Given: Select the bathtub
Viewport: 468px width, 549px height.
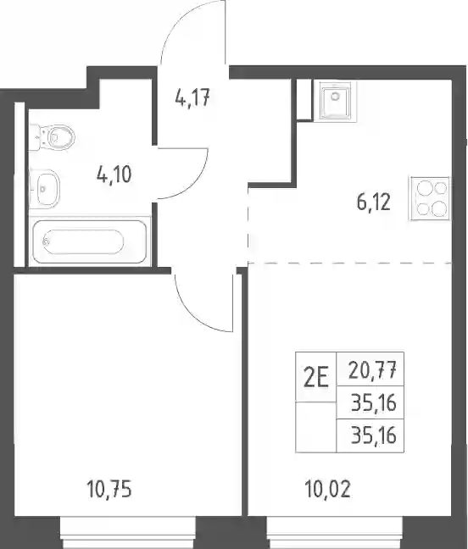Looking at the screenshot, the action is tap(89, 241).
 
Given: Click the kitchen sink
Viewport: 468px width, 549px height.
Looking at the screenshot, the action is tap(335, 100).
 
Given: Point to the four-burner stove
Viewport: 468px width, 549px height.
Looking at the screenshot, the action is tap(430, 198).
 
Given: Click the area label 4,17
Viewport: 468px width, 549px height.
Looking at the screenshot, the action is tap(192, 98).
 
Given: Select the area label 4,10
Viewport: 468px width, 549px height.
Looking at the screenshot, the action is tap(114, 175).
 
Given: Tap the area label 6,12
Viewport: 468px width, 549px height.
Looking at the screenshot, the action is tap(373, 202).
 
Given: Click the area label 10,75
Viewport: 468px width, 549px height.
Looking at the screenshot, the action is tap(109, 489).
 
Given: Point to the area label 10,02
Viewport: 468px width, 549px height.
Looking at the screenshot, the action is tap(327, 489).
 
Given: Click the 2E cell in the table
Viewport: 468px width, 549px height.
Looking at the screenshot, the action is tap(316, 378).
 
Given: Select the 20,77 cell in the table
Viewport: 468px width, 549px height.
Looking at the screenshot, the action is tap(370, 369).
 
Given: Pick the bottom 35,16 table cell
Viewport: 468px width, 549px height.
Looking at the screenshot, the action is tap(370, 435).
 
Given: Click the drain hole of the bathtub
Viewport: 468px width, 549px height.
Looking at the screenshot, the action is tap(45, 241).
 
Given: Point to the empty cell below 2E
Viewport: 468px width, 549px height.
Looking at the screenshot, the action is tap(316, 427).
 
